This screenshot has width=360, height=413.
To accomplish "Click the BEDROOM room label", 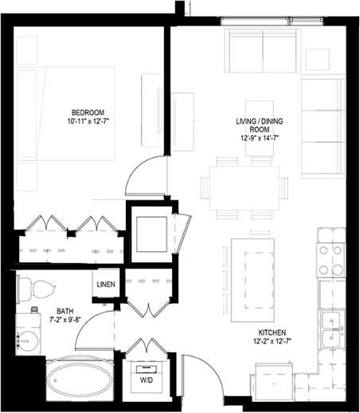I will click(86, 112).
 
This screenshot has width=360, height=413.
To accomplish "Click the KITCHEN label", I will click(272, 332).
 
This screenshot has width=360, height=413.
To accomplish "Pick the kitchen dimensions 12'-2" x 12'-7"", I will click(272, 343).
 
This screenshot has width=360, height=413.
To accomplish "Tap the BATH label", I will click(65, 312).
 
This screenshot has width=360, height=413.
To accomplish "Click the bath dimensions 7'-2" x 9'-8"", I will click(65, 321).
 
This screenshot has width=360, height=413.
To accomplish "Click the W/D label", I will click(147, 380).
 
